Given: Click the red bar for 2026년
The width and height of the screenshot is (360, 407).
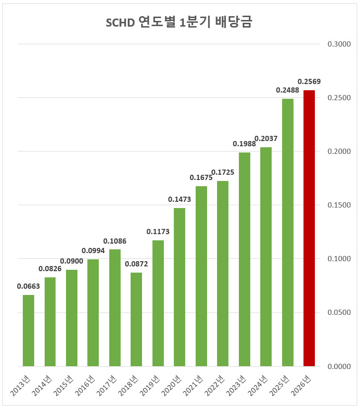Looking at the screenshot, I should [x=309, y=228].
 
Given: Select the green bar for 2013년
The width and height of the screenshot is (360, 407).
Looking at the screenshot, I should [x=28, y=331].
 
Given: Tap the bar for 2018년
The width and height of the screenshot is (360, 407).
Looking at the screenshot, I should [x=136, y=319].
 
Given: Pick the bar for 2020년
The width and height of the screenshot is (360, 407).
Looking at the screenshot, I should [x=180, y=287].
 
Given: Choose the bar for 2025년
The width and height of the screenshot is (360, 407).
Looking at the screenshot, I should [x=287, y=232].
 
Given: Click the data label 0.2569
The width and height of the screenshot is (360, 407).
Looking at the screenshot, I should [x=309, y=82].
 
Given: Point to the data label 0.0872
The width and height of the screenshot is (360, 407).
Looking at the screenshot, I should [x=136, y=264].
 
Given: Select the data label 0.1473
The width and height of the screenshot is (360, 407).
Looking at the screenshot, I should [x=180, y=199].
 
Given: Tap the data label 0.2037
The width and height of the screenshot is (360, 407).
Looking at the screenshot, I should [x=266, y=139].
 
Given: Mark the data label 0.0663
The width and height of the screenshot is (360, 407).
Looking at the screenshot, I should [x=28, y=286].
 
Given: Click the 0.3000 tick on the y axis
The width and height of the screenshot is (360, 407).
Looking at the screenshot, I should [x=339, y=44].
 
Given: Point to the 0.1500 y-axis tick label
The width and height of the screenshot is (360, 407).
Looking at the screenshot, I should [x=339, y=205].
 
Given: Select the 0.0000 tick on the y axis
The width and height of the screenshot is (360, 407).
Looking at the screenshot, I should [x=339, y=366].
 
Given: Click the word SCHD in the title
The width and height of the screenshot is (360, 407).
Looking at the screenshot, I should [x=120, y=22].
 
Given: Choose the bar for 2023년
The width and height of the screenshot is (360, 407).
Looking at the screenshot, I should [x=244, y=259].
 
